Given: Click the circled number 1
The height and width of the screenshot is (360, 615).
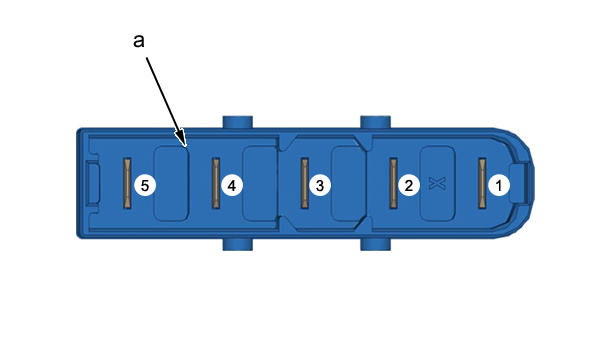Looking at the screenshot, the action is click(x=499, y=185).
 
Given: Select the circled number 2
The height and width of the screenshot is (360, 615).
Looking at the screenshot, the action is click(x=409, y=185).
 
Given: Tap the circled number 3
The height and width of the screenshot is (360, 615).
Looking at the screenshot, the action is click(x=320, y=185).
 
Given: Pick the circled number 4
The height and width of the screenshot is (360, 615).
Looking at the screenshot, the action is click(x=232, y=185).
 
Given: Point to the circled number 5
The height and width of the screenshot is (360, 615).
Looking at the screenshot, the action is click(x=145, y=185).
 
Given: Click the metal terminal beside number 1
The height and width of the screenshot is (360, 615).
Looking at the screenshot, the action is click(x=482, y=183).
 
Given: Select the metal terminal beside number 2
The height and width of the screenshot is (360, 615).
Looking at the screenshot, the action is click(x=393, y=183).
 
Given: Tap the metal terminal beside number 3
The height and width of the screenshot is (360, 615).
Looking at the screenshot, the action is click(x=305, y=183).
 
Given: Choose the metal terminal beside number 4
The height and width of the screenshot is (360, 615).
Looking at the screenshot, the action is click(x=216, y=183).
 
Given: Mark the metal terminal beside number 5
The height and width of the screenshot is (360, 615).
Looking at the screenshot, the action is click(x=127, y=183).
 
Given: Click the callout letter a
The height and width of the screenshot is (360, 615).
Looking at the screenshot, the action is click(x=139, y=41).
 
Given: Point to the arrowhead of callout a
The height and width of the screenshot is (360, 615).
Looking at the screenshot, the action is click(x=182, y=139).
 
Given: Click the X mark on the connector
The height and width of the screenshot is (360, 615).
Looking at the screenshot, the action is click(x=437, y=184).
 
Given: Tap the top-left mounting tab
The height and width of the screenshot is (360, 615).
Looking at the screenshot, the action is click(x=238, y=122).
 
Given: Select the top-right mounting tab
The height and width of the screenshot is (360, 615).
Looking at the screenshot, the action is click(x=375, y=122).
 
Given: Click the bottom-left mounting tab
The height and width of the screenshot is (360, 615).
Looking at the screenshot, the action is click(x=238, y=244).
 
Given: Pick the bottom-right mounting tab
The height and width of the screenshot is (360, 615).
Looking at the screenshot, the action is click(x=375, y=244).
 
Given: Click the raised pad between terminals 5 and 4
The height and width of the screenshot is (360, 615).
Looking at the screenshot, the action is click(x=171, y=184).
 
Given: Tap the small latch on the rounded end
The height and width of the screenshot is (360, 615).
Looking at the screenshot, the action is click(x=522, y=184).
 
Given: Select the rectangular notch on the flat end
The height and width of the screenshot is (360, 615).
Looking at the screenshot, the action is click(x=93, y=184).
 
